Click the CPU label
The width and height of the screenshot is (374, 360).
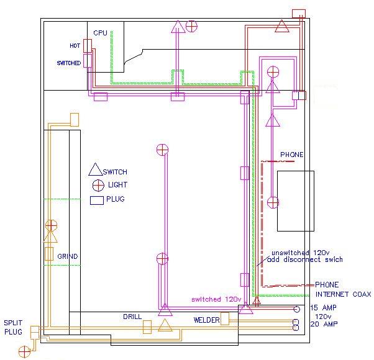[100, 32]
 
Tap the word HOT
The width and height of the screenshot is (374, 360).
[75, 46]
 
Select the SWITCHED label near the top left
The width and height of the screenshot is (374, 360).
[68, 63]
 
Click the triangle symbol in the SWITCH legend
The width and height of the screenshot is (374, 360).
[95, 169]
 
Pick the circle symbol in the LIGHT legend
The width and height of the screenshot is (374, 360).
[98, 185]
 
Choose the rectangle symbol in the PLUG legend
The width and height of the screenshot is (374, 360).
[97, 200]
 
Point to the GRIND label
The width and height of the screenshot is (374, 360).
[68, 256]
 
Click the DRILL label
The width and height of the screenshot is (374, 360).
[132, 317]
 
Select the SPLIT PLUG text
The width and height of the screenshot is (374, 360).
[14, 328]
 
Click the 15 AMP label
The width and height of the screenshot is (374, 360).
[323, 308]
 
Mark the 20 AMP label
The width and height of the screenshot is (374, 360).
[323, 324]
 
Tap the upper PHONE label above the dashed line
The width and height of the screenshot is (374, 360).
[292, 155]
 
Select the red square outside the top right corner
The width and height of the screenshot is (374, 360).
[299, 14]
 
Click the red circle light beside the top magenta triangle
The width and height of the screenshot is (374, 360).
[192, 26]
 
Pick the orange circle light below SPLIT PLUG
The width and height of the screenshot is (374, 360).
[24, 353]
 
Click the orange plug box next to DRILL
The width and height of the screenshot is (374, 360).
[147, 326]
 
